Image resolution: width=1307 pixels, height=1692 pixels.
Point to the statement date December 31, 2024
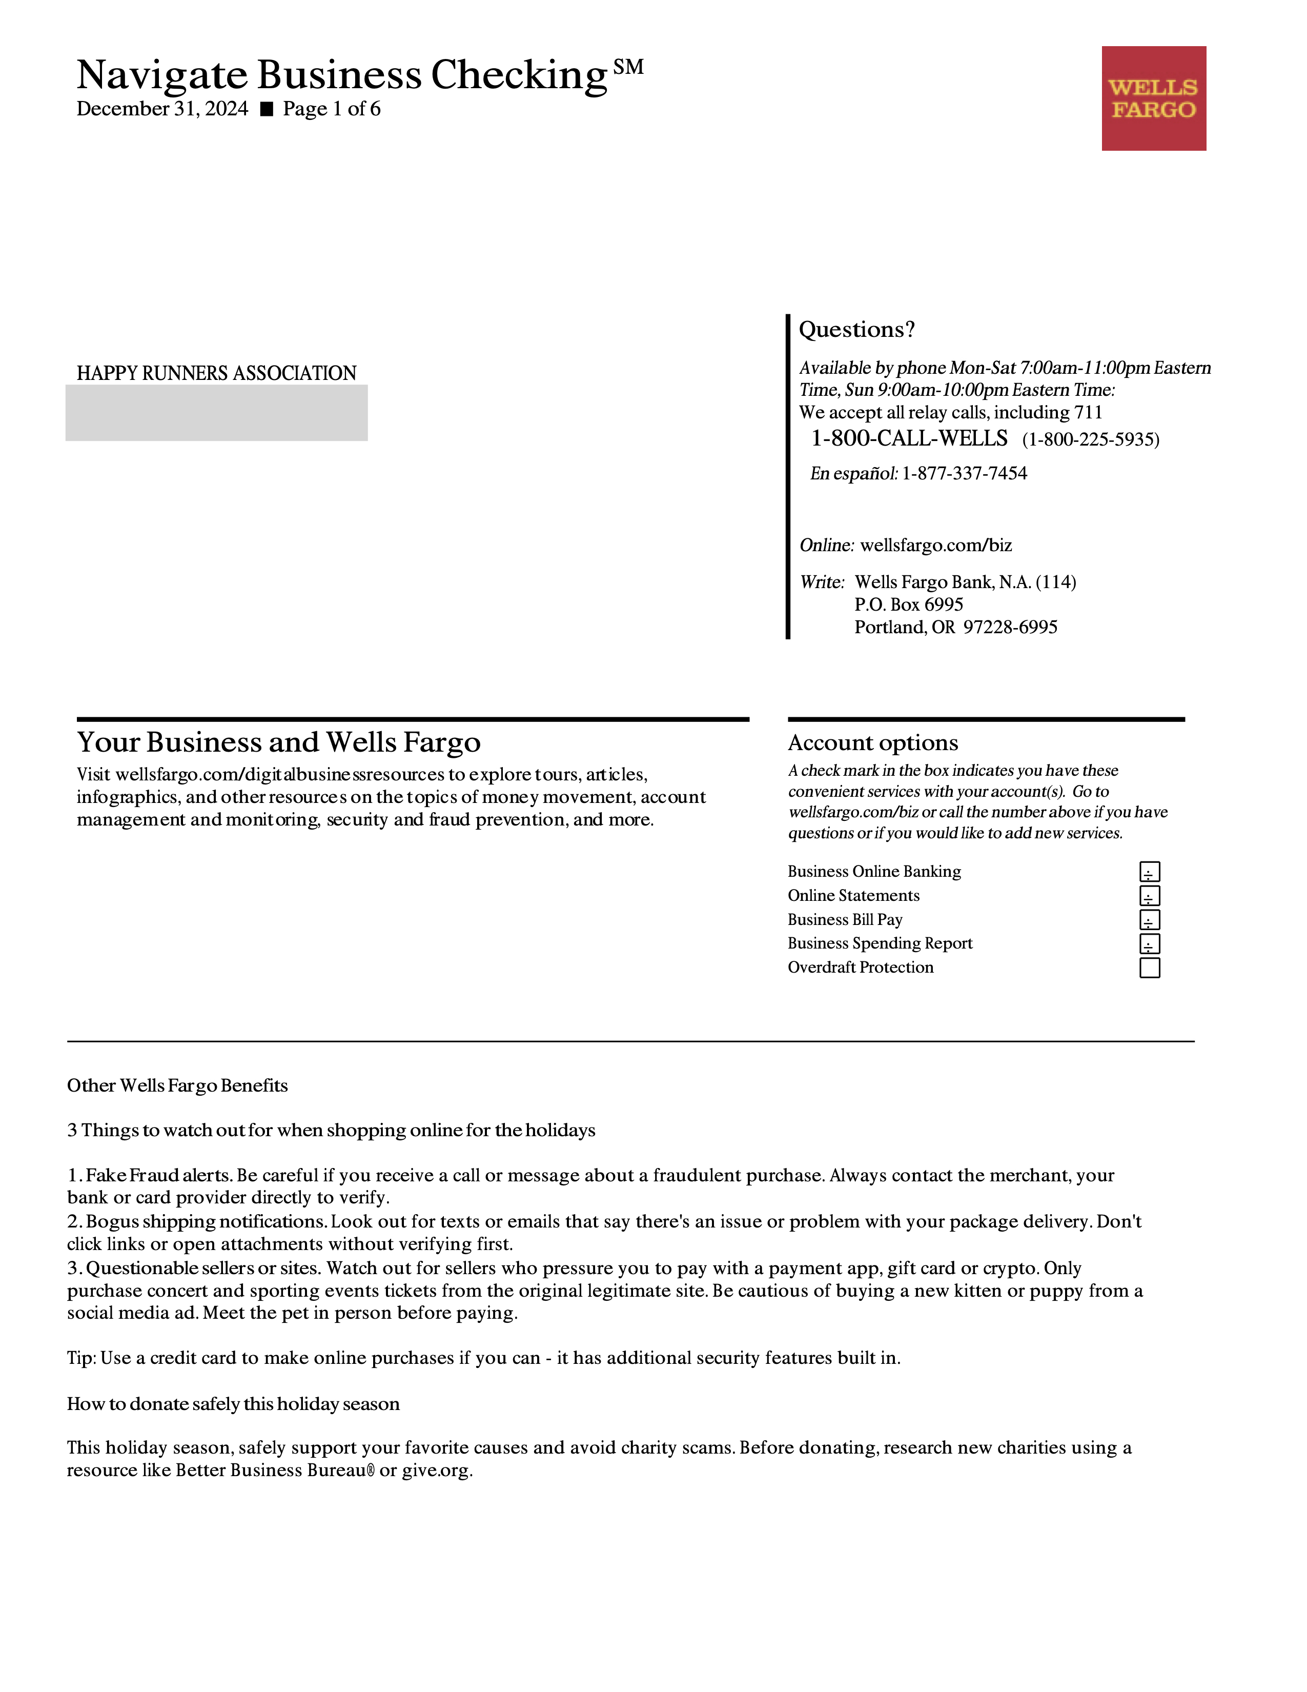(x=162, y=109)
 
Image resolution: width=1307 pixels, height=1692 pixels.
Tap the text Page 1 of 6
(x=332, y=109)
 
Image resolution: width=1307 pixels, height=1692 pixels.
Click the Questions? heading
(x=856, y=330)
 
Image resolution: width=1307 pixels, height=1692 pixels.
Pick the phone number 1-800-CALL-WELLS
(x=909, y=438)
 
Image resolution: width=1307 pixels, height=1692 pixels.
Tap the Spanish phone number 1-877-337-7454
(x=964, y=473)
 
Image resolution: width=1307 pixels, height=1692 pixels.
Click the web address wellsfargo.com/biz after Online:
(x=936, y=546)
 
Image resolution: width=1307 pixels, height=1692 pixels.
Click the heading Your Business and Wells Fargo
(x=279, y=742)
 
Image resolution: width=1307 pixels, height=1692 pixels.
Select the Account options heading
(x=873, y=743)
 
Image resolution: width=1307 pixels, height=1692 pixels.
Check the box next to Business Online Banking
(x=1149, y=872)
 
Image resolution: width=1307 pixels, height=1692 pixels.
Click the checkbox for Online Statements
(x=1149, y=896)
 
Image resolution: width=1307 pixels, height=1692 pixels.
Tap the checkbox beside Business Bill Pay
(x=1149, y=920)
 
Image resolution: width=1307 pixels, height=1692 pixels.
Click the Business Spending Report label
(x=880, y=943)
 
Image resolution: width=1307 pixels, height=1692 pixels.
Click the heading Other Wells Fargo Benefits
(x=177, y=1085)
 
